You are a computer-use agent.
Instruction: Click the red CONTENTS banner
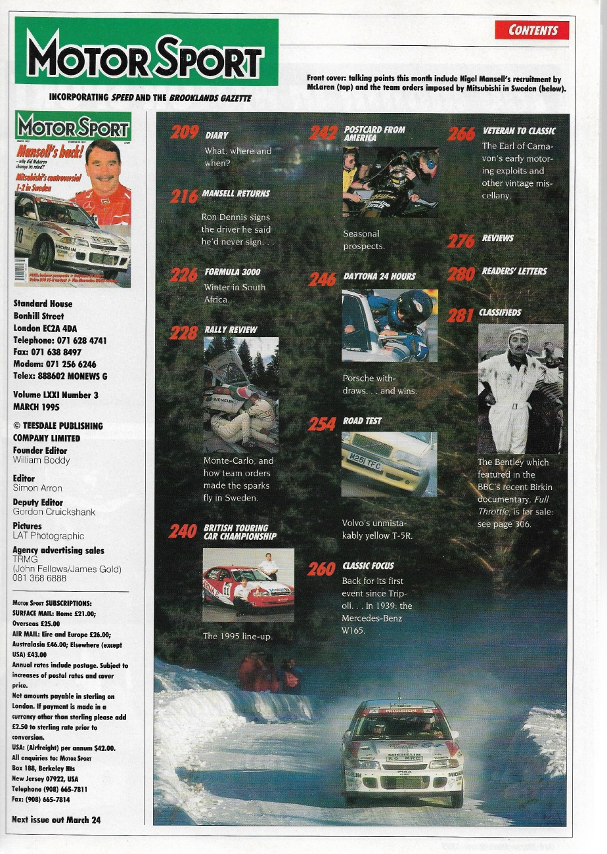[x=532, y=30]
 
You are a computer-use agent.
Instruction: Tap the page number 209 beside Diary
[x=185, y=133]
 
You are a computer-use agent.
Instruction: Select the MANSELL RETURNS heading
[x=236, y=194]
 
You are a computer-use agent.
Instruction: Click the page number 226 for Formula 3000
[x=183, y=275]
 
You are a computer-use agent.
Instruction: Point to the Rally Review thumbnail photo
[x=240, y=394]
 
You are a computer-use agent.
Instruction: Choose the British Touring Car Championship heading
[x=240, y=532]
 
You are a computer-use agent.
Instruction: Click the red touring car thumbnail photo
[x=248, y=585]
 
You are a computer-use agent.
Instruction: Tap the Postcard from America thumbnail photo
[x=390, y=182]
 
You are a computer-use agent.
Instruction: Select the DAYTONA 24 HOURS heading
[x=379, y=277]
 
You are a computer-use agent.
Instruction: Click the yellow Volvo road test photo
[x=389, y=464]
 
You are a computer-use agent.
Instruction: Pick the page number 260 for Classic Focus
[x=321, y=569]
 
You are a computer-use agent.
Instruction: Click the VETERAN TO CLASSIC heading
[x=518, y=131]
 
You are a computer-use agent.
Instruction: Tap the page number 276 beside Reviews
[x=461, y=240]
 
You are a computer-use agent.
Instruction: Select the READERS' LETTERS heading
[x=514, y=271]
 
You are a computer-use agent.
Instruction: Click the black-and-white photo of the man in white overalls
[x=520, y=388]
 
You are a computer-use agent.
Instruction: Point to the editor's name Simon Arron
[x=37, y=488]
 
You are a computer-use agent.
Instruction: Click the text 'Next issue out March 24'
[x=56, y=820]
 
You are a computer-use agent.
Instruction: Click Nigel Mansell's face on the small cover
[x=102, y=164]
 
